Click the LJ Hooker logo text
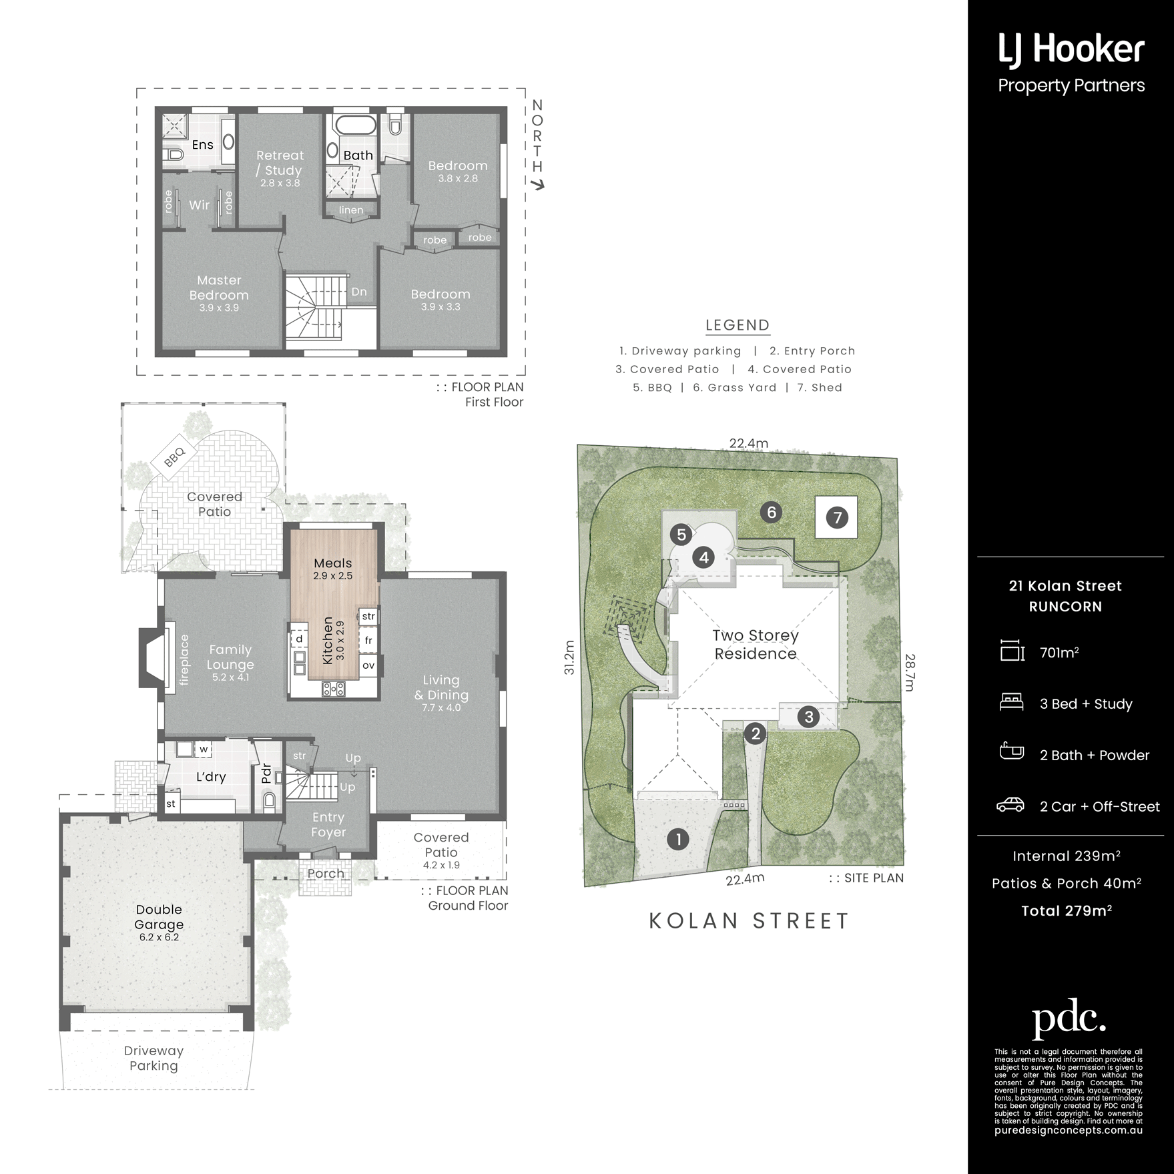[x=1071, y=51]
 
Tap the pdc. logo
[x=1069, y=1018]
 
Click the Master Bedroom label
[x=219, y=288]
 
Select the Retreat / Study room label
[x=280, y=163]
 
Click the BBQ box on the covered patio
[x=174, y=457]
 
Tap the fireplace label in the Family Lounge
[x=184, y=660]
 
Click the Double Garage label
[x=159, y=917]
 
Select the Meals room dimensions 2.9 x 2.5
[x=332, y=576]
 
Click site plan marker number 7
[x=837, y=517]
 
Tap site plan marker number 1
[x=678, y=840]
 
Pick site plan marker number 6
[x=772, y=513]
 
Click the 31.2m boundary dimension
[x=569, y=657]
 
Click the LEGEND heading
[x=738, y=325]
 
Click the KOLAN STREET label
[x=748, y=921]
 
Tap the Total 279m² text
[x=1066, y=910]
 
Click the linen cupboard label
[x=351, y=210]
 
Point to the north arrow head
[x=540, y=185]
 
